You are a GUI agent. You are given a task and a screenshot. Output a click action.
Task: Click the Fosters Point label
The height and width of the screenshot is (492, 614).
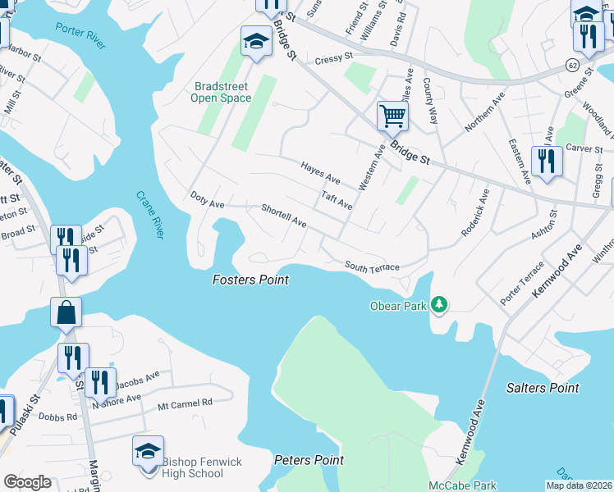pyautogui.click(x=250, y=280)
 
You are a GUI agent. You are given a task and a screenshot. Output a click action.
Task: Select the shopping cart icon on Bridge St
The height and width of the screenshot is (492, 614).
pyautogui.click(x=393, y=116)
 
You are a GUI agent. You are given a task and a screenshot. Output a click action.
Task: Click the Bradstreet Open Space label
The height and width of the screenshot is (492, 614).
pyautogui.click(x=221, y=92)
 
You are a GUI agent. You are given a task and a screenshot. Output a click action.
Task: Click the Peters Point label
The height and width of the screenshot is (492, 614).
pyautogui.click(x=309, y=460)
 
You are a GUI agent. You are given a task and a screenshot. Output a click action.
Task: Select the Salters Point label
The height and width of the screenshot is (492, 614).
pyautogui.click(x=543, y=388)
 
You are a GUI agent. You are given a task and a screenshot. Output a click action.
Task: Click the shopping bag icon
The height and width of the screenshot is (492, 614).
pyautogui.click(x=66, y=312)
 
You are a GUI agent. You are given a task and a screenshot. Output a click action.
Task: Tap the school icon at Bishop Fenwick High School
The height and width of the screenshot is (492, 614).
pyautogui.click(x=148, y=450)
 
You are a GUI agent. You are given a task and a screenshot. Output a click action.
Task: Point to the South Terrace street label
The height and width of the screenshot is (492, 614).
pyautogui.click(x=372, y=267)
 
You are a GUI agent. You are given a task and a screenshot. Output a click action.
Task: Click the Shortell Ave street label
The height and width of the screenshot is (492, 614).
pyautogui.click(x=283, y=216)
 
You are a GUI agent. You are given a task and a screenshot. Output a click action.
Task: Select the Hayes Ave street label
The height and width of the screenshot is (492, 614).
pyautogui.click(x=320, y=172)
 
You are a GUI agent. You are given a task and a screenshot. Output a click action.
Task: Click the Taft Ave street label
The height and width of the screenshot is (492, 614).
pyautogui.click(x=337, y=200)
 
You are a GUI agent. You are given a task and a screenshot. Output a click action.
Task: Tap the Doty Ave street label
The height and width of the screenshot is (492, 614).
pyautogui.click(x=207, y=199)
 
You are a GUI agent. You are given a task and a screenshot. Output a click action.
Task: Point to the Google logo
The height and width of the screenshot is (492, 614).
pyautogui.click(x=27, y=482)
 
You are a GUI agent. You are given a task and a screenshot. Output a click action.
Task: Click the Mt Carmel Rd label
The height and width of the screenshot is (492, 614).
pyautogui.click(x=185, y=403)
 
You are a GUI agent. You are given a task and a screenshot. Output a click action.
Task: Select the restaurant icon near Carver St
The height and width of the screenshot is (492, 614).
pyautogui.click(x=546, y=160)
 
